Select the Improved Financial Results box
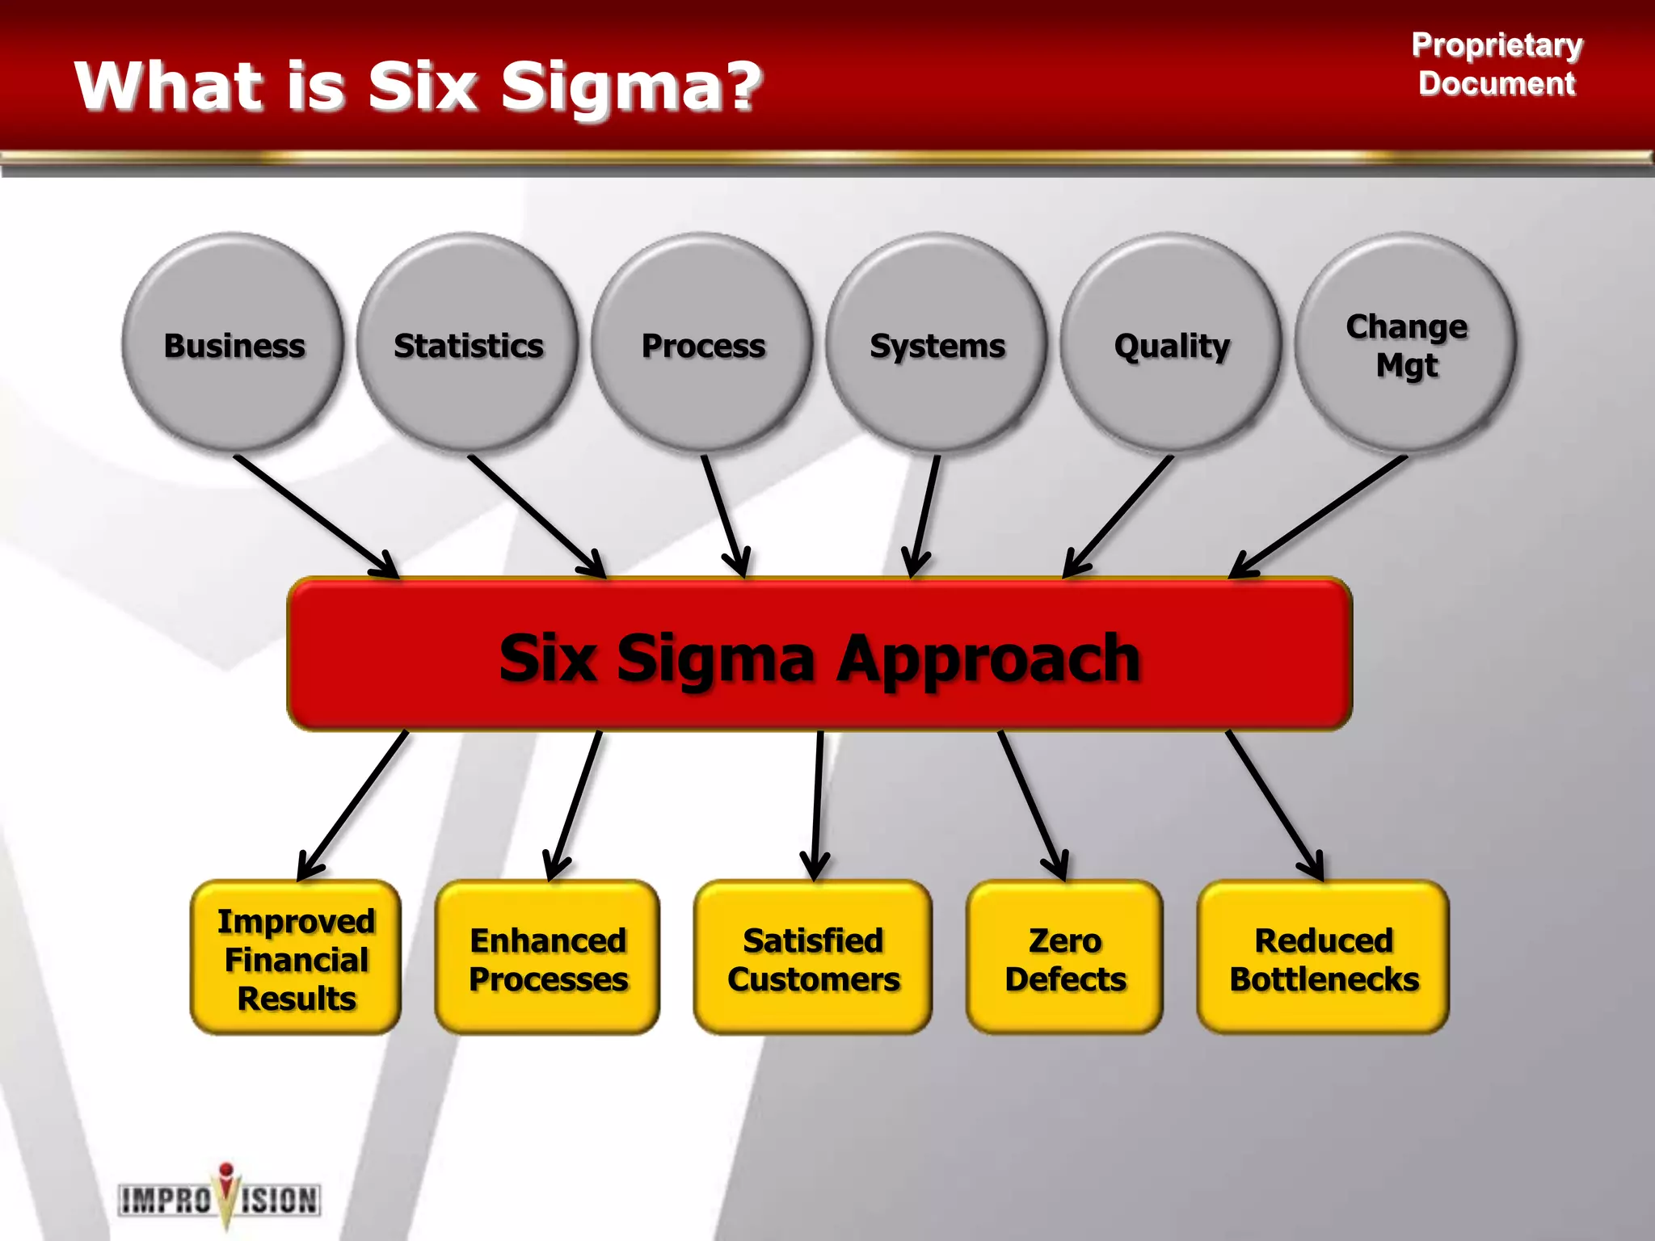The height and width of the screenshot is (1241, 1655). click(296, 958)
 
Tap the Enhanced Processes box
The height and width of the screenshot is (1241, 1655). click(548, 958)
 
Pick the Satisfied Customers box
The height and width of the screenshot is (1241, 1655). click(813, 958)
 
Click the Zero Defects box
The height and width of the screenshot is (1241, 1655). click(1064, 958)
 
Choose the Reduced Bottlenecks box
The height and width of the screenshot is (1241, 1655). click(1323, 958)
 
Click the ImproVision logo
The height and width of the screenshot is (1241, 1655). click(220, 1198)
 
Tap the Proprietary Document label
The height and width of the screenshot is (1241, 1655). click(1497, 64)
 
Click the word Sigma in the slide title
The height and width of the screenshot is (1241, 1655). click(630, 87)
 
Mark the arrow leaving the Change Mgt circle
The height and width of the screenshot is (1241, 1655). click(1317, 516)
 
